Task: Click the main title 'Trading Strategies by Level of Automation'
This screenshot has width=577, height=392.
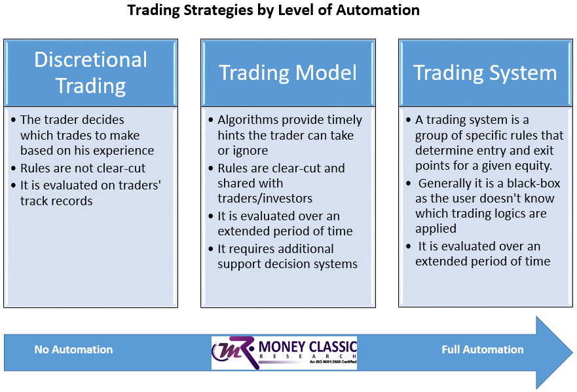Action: (273, 10)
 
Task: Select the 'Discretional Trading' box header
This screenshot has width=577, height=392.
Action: (90, 73)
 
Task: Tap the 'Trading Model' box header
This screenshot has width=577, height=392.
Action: (288, 73)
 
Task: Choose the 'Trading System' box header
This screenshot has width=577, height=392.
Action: (485, 73)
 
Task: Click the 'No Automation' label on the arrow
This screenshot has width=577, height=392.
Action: (73, 350)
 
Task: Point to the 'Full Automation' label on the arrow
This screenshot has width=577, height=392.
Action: (482, 350)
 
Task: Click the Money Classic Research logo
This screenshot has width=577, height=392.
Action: (284, 353)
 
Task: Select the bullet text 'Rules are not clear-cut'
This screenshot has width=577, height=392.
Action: (83, 168)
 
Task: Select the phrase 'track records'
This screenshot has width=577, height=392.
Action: (56, 201)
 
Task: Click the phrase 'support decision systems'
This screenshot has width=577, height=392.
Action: (288, 264)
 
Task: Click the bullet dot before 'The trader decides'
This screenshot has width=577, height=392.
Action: (14, 120)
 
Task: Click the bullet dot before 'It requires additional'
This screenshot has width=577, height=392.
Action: (212, 249)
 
